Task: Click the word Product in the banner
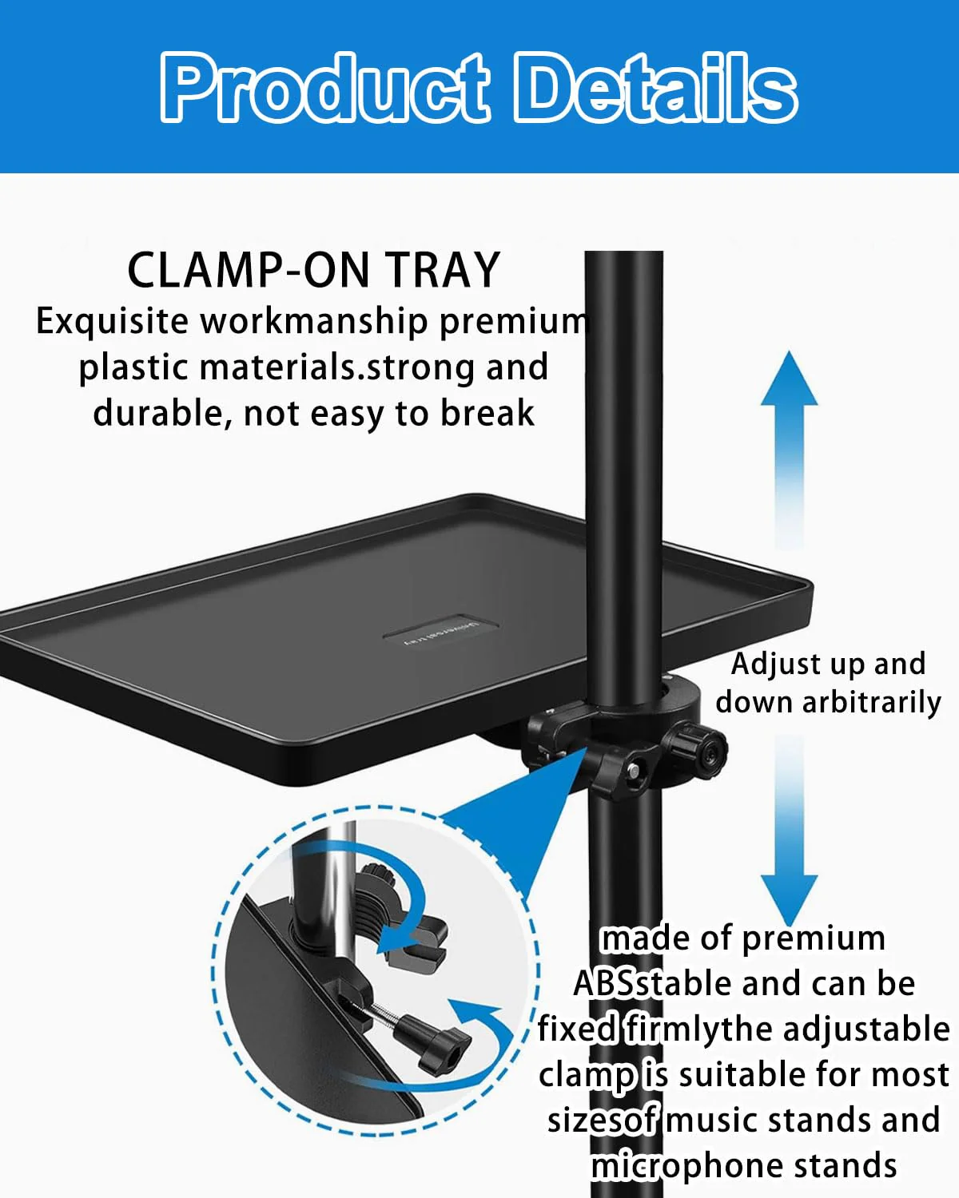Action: tap(325, 87)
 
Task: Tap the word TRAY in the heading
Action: tap(443, 270)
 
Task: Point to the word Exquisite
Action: tap(112, 322)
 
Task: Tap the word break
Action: tap(487, 414)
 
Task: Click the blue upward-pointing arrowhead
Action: tap(789, 379)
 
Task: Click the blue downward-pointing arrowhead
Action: tap(789, 900)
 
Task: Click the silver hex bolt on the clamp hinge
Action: tap(633, 771)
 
